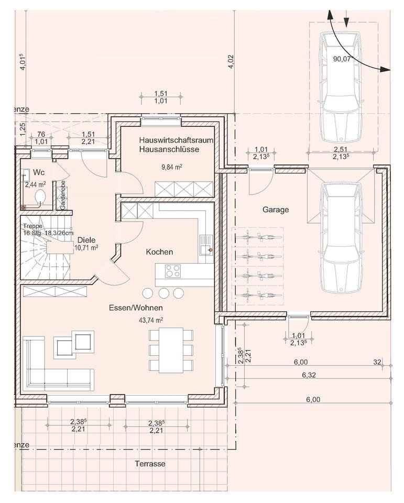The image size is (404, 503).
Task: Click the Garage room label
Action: pos(276,210)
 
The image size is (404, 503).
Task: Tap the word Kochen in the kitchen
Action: pos(159,252)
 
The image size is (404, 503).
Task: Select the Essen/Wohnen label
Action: pos(136,308)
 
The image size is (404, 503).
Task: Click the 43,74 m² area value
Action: pos(151,320)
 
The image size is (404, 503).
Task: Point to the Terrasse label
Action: pos(150,464)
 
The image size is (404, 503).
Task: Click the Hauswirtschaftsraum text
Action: pos(176,140)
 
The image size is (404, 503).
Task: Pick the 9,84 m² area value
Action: pos(172,167)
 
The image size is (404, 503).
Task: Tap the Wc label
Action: pos(39,172)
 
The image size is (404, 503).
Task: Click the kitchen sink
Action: pos(205,245)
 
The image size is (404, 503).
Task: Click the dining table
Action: pos(171,350)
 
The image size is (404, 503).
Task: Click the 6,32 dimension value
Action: pos(309,375)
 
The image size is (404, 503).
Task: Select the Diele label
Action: pos(86,240)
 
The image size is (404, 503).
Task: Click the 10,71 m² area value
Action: pos(86,248)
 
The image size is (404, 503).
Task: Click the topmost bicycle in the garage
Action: pos(259,238)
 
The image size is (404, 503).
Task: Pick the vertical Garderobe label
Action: pos(63,195)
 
